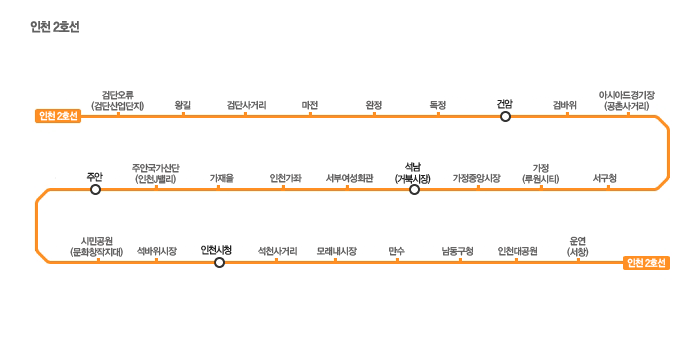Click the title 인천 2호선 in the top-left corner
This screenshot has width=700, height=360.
(55, 27)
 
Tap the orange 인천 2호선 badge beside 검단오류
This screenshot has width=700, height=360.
(58, 116)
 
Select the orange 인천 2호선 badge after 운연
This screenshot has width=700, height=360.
(646, 263)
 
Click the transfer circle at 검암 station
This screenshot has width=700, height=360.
(505, 117)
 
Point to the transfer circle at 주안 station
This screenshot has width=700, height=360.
(96, 190)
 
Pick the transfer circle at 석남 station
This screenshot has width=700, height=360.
(414, 190)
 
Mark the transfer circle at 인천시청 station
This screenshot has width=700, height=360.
(219, 263)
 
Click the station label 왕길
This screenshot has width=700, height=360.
(183, 105)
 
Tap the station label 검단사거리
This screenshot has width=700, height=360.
(246, 105)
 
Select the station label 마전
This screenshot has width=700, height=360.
(310, 105)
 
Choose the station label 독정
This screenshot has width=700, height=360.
(438, 105)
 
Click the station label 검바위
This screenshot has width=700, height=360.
(565, 105)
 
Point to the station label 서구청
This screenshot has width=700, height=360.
(605, 179)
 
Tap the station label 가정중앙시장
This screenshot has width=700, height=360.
(476, 179)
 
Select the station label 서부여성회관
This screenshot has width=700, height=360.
(349, 179)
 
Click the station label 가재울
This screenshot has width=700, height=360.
(222, 179)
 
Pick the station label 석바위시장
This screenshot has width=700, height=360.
(157, 251)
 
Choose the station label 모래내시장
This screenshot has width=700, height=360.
(337, 251)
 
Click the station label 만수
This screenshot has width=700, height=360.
(396, 251)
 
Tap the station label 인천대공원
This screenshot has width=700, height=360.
(517, 251)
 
